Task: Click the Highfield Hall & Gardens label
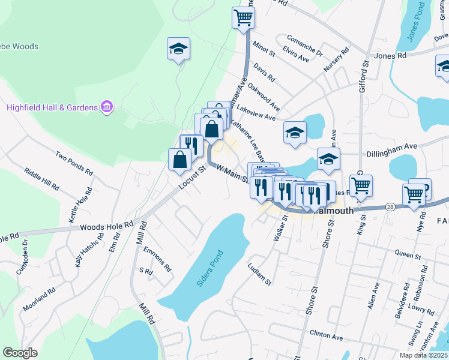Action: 52,108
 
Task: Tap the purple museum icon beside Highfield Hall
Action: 107,107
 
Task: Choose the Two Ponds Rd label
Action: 75,163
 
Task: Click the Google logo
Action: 20,353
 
